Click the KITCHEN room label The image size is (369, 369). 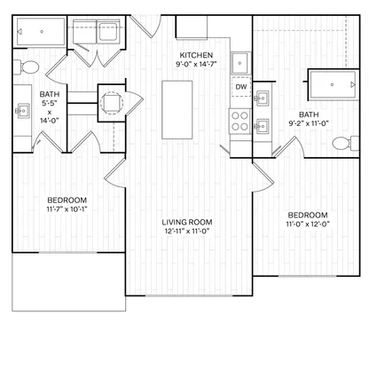[196, 55]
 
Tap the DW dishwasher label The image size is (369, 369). [241, 87]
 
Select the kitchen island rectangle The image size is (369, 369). [177, 110]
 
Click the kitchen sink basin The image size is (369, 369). [240, 63]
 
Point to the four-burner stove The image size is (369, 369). [239, 122]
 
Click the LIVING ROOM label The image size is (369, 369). [187, 223]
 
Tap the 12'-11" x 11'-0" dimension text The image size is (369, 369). [187, 232]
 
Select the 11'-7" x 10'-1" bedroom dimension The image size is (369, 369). [67, 209]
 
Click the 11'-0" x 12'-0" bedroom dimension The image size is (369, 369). [308, 224]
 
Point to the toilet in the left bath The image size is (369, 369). [27, 67]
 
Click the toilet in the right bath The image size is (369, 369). [345, 144]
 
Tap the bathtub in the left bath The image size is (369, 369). [41, 32]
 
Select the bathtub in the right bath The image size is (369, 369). [333, 84]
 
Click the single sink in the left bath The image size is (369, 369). [23, 111]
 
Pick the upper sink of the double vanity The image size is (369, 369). [262, 98]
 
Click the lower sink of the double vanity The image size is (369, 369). [262, 126]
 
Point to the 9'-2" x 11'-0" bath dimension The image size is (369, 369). [309, 123]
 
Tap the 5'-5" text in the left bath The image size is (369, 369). [50, 103]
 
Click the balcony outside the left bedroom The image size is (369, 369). [69, 282]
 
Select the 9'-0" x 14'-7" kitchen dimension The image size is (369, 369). [196, 64]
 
